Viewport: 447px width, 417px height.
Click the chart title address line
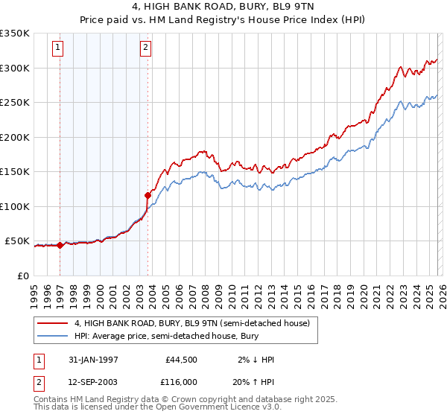pos(223,7)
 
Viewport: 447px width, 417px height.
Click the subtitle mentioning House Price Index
pos(223,20)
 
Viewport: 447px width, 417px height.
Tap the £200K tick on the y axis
pos(15,137)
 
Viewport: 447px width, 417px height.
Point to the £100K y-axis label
pos(15,206)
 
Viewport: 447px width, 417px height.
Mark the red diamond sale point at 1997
pos(60,245)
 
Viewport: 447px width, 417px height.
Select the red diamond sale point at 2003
pos(148,195)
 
